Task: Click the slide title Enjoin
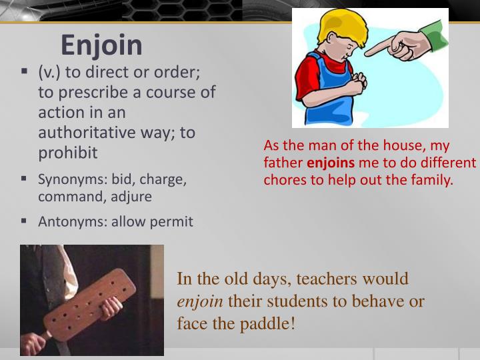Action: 101,45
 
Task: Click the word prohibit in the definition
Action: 67,153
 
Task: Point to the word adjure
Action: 131,197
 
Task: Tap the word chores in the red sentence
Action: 284,179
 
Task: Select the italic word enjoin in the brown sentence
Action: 200,301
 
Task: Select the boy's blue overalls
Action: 333,100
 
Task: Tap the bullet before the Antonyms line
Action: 24,221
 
